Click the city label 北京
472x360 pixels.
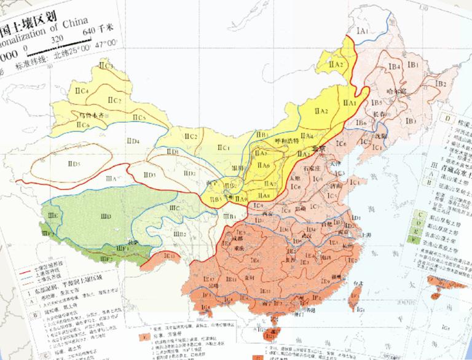click(318, 149)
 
